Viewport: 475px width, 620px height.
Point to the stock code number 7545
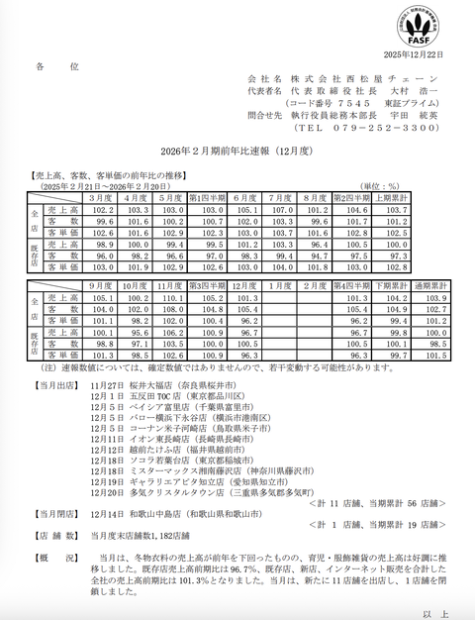pos(351,102)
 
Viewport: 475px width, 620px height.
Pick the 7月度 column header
pos(280,198)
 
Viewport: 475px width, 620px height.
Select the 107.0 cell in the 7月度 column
pos(280,210)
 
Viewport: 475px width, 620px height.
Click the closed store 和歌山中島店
pos(153,516)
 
